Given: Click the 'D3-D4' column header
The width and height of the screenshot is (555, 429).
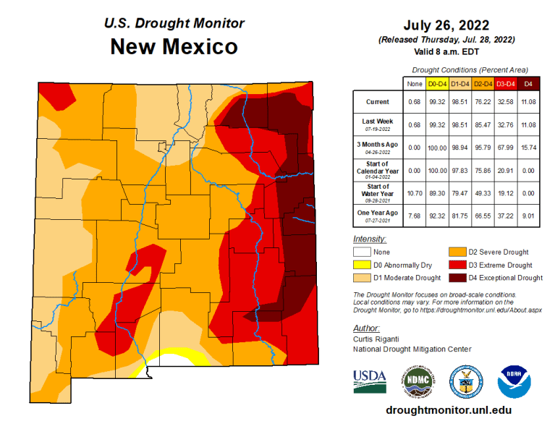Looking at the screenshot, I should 504,84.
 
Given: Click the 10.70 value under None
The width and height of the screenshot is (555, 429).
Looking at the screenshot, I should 415,194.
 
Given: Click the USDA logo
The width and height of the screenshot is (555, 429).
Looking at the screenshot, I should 369,380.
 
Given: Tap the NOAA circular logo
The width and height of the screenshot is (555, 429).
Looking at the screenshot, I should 514,380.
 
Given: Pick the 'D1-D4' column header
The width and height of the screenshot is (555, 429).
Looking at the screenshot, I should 459,84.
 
